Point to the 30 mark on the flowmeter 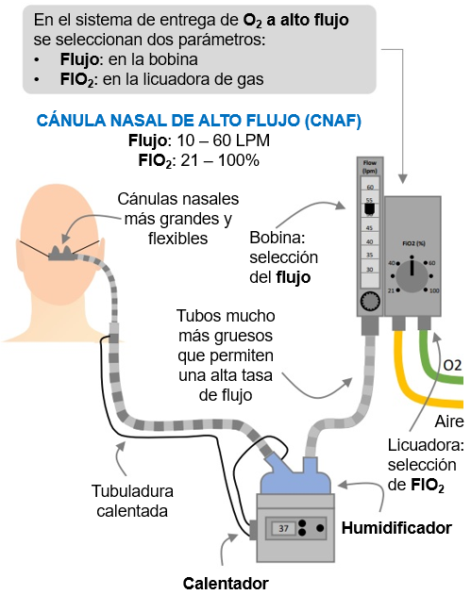[370, 269]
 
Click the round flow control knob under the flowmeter [370, 300]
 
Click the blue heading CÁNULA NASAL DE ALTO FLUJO [198, 122]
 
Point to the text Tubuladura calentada [131, 501]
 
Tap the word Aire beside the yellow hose [448, 421]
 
